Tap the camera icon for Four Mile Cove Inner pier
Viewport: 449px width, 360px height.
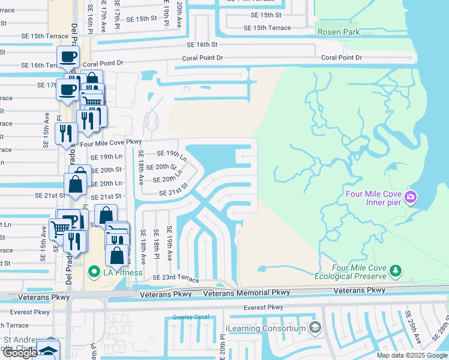coord(411,197)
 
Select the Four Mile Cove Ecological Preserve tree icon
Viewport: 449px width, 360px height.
coord(395,272)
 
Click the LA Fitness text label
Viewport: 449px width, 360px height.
coord(122,273)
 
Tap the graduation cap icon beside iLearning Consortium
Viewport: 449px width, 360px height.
coord(316,328)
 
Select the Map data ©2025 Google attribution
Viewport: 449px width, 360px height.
coord(412,355)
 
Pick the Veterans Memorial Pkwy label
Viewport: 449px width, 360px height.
coord(247,293)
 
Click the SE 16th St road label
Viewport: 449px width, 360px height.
coord(202,44)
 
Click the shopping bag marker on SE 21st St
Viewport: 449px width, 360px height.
coord(76,185)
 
